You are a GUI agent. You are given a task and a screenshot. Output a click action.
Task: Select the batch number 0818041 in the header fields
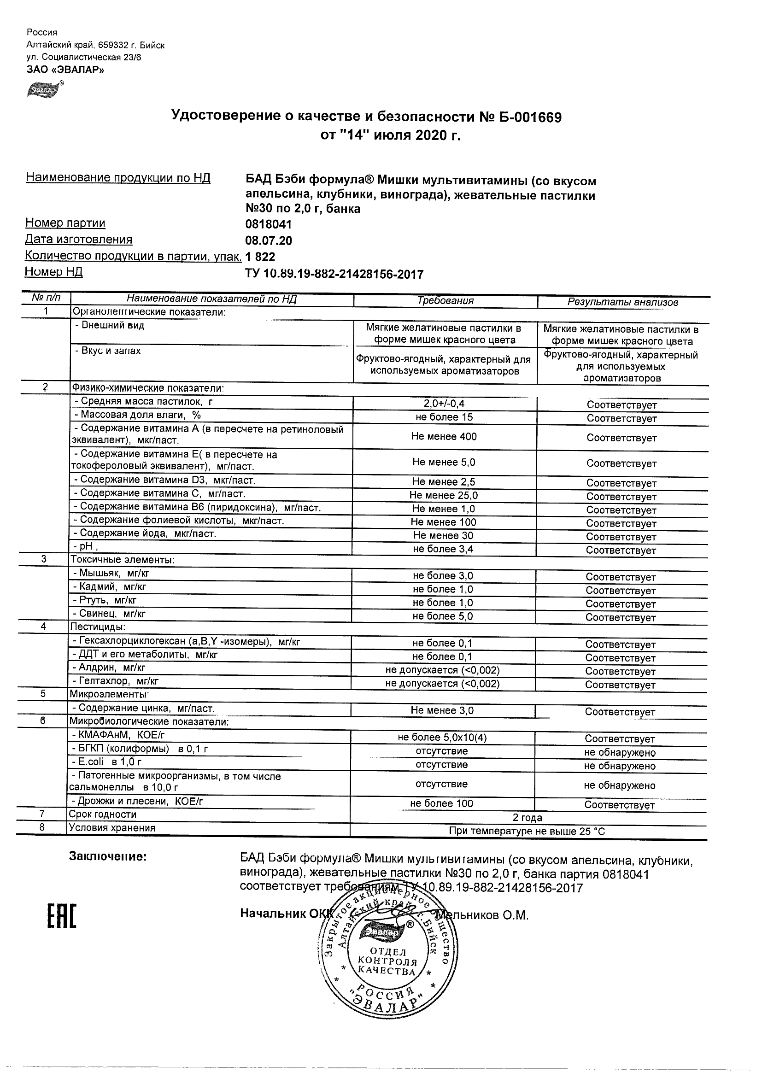269,224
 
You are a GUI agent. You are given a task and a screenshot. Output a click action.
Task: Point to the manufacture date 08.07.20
269,241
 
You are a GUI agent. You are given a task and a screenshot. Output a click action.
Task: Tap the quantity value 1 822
261,257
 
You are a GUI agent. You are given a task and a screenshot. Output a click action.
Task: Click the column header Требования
445,301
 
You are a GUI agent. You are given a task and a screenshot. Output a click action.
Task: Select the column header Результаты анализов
622,302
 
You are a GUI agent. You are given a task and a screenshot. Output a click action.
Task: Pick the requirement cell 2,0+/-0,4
444,403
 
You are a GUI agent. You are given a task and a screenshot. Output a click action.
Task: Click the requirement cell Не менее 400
444,437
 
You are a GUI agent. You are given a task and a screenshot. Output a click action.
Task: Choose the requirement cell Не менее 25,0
444,495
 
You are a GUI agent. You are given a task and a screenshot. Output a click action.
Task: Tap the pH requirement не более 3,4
443,549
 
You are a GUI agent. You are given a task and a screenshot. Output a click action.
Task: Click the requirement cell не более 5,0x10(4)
442,738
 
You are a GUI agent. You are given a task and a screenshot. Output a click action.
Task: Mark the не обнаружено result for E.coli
620,766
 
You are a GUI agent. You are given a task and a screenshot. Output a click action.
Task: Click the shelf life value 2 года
527,817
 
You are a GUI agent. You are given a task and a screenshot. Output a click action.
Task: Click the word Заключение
108,856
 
